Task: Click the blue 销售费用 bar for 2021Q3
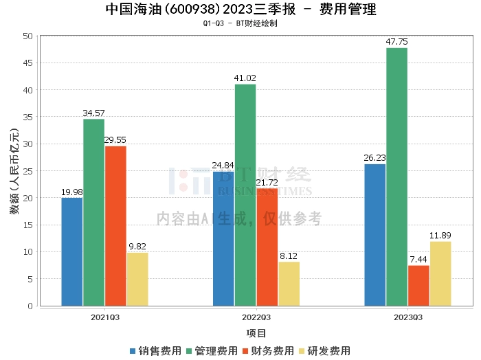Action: point(72,251)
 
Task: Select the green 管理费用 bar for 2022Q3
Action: point(245,194)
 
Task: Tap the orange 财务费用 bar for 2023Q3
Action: point(418,285)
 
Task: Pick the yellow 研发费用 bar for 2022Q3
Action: point(289,283)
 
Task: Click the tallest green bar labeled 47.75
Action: point(396,177)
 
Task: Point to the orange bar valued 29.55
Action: point(115,225)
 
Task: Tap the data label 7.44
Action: point(418,260)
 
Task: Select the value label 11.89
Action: point(440,236)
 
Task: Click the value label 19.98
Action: point(72,192)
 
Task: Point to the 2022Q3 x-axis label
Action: point(256,317)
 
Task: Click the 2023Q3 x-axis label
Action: point(407,317)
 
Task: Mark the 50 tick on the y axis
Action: point(28,36)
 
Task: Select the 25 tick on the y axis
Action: point(28,171)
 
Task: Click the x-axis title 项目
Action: point(256,333)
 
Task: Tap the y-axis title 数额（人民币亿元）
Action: point(14,171)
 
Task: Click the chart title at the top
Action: point(240,10)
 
